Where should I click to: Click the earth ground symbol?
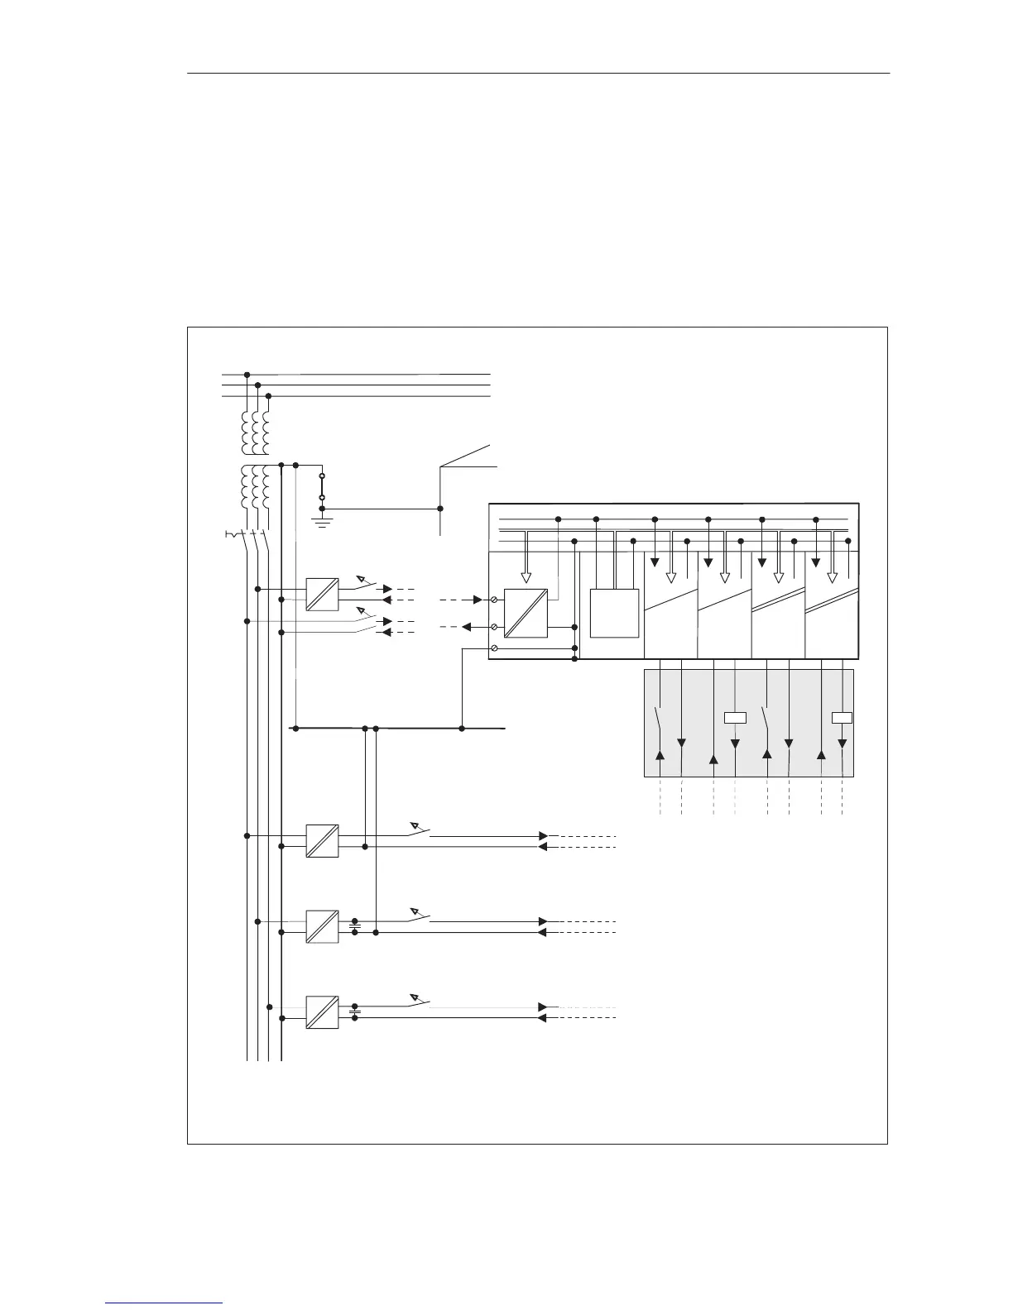click(322, 521)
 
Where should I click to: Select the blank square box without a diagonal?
click(614, 613)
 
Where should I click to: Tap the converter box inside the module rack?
click(526, 613)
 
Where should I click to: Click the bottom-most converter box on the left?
click(322, 1012)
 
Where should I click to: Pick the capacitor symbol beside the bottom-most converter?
click(355, 1012)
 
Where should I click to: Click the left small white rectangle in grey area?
click(735, 717)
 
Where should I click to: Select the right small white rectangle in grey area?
click(842, 717)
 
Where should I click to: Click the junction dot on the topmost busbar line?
click(247, 375)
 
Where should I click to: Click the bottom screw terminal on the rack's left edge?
click(494, 649)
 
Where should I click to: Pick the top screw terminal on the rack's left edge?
click(494, 598)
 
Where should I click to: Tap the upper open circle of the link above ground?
click(322, 477)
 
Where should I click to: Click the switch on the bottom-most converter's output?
click(420, 1002)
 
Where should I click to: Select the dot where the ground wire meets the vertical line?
click(439, 509)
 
